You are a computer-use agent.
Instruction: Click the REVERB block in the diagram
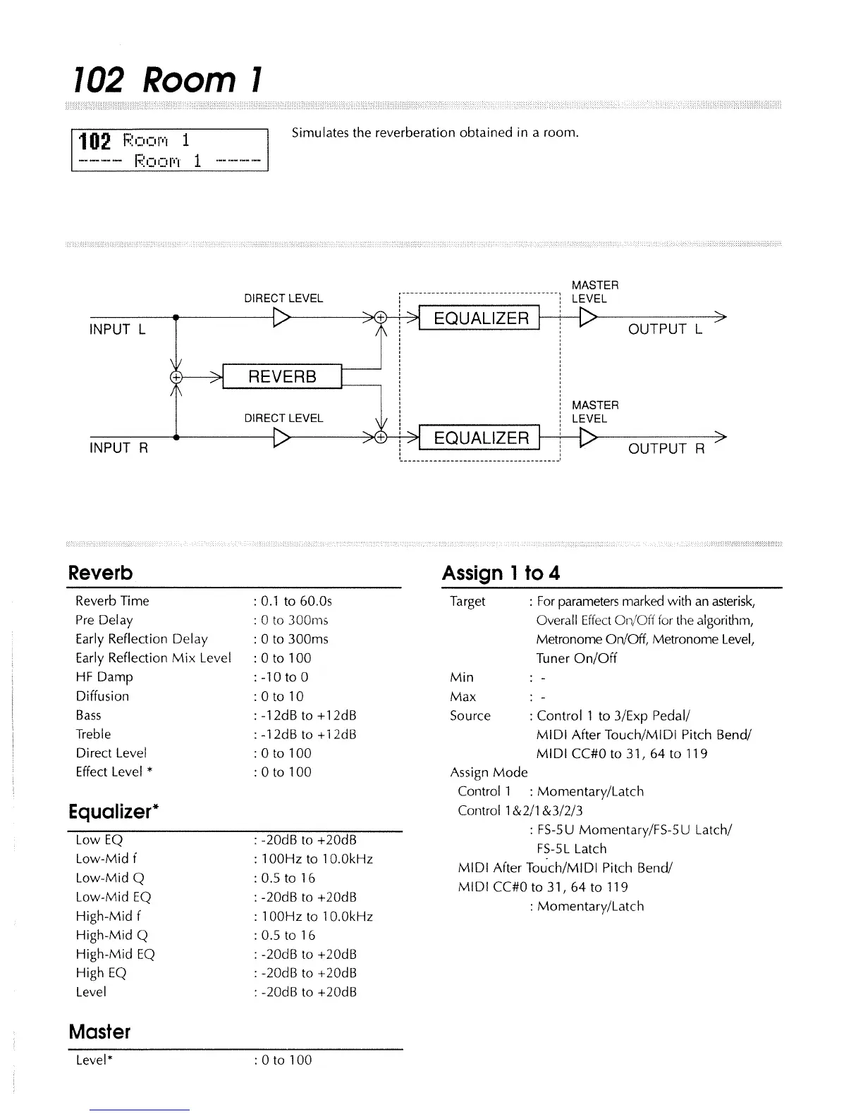point(282,376)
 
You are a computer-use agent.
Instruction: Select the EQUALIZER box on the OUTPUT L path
point(480,318)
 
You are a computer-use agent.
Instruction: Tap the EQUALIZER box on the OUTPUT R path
point(480,438)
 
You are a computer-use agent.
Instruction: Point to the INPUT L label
point(118,329)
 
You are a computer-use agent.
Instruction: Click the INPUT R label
point(118,448)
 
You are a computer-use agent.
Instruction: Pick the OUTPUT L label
point(665,329)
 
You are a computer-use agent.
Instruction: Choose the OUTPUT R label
point(666,449)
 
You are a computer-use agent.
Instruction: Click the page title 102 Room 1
point(168,80)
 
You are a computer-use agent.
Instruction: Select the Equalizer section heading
point(111,812)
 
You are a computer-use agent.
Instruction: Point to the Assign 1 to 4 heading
point(501,573)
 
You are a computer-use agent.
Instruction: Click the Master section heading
point(99,1032)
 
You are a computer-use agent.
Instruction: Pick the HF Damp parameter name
point(104,677)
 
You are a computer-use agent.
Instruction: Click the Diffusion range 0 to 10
point(282,696)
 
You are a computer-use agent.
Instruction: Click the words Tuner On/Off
point(576,658)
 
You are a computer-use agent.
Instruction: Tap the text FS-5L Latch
point(571,849)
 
